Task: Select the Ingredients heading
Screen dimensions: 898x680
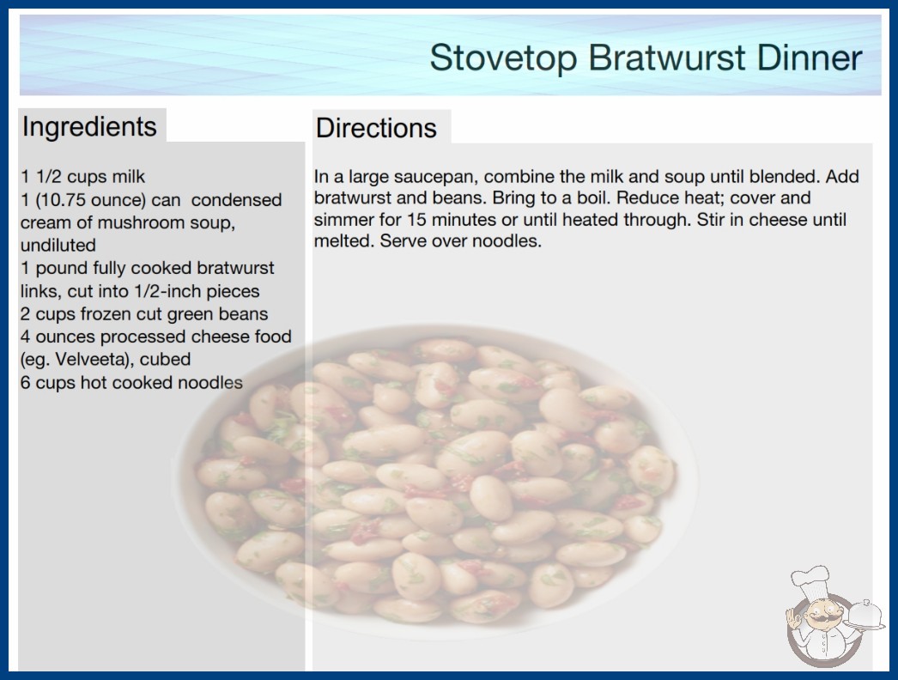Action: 89,127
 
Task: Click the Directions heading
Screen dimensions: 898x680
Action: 376,128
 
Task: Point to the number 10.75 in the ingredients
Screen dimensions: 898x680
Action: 60,200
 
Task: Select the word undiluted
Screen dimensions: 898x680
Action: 58,246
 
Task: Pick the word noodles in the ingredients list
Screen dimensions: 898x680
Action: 210,382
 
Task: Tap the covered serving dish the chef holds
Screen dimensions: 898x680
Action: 865,616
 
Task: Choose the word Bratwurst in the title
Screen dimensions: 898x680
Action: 667,58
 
